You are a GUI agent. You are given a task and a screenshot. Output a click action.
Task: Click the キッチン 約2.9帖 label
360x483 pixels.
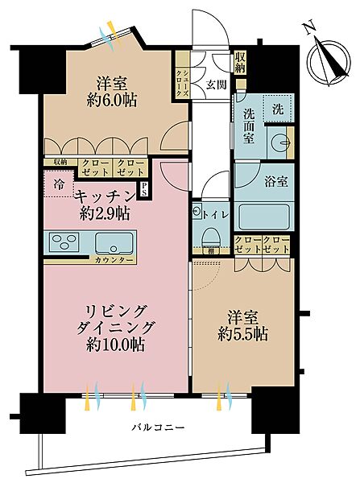tap(103, 203)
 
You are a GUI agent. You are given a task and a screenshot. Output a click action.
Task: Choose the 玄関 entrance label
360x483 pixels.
tap(214, 84)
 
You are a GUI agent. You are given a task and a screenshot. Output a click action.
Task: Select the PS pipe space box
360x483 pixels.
tap(144, 189)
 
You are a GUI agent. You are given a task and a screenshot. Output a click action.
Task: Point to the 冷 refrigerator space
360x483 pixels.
tap(60, 183)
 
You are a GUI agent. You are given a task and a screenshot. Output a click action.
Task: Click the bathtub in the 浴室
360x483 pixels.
tap(266, 216)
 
